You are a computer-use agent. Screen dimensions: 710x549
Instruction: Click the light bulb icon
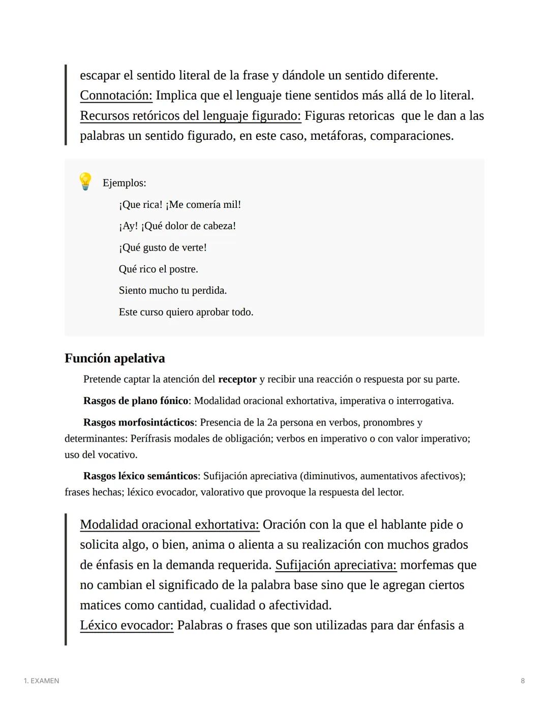click(85, 181)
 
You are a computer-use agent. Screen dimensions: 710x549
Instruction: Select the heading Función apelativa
click(114, 358)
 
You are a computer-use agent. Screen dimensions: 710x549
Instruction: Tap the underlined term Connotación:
click(116, 96)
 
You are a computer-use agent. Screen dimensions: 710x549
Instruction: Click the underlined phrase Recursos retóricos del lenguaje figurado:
click(190, 116)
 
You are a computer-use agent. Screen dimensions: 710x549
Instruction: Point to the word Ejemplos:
click(124, 183)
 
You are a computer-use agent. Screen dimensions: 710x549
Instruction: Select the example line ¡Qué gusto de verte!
click(163, 248)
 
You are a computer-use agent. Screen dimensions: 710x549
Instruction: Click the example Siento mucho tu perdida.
click(172, 291)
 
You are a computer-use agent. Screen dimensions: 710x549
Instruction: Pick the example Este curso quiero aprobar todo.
click(186, 312)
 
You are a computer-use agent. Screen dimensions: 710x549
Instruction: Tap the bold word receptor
click(237, 379)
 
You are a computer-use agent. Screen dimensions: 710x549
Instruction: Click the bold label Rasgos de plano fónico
click(136, 401)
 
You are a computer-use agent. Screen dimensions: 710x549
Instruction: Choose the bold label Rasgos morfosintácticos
click(139, 422)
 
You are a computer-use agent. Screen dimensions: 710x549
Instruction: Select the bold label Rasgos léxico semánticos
click(140, 476)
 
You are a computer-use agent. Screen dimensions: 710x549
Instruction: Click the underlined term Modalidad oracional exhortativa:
click(169, 524)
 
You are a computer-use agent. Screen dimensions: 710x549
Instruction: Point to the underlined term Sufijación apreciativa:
click(335, 565)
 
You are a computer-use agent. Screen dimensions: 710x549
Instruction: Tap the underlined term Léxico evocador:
click(127, 625)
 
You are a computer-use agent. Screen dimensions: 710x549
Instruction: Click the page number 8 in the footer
click(523, 681)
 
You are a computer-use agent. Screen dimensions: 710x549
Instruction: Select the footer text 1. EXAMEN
click(41, 681)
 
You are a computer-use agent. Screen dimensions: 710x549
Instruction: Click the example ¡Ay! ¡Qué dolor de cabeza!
click(177, 226)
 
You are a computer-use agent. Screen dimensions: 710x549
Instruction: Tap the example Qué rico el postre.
click(158, 269)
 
